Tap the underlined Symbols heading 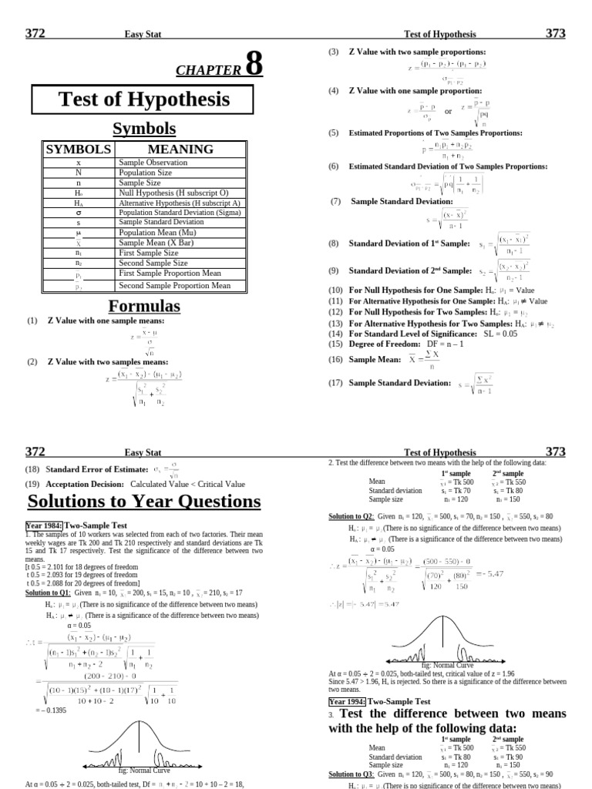144,129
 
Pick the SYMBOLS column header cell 77,149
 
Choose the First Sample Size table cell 148,253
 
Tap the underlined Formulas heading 144,306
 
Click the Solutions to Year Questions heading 144,502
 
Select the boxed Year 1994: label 348,702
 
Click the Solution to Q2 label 351,515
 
